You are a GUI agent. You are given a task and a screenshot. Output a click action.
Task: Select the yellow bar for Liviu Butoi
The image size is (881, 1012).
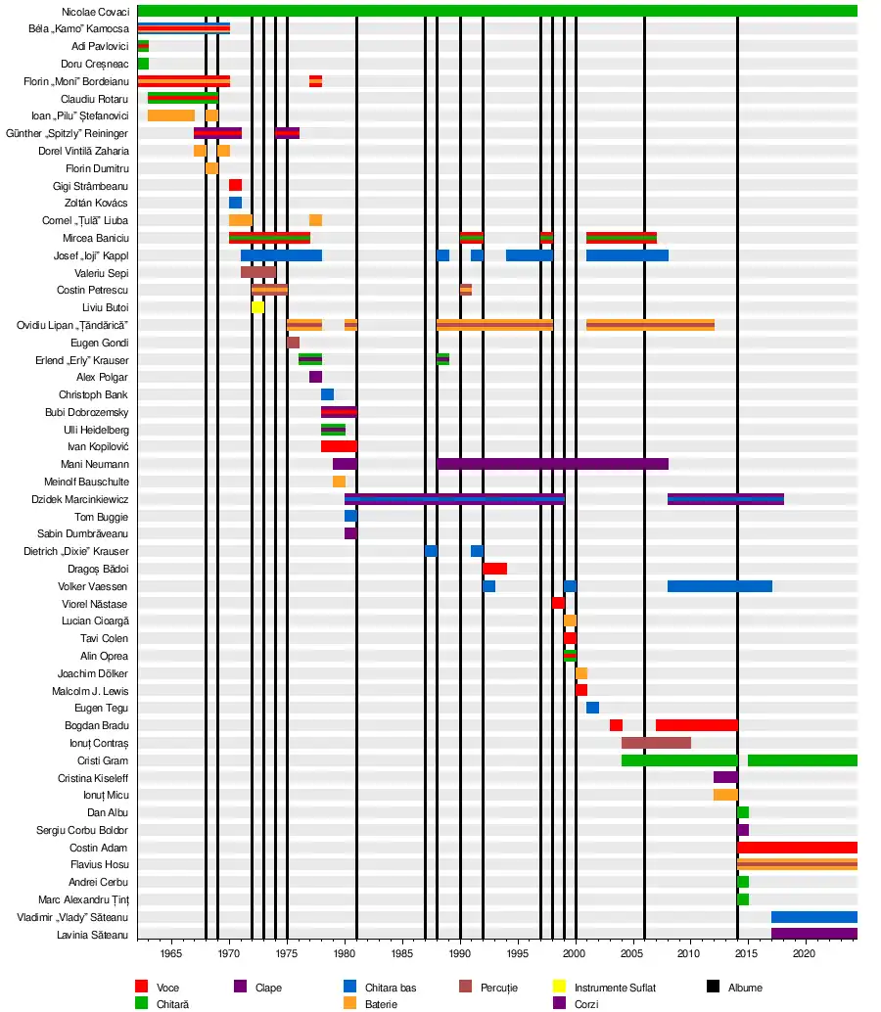pyautogui.click(x=257, y=307)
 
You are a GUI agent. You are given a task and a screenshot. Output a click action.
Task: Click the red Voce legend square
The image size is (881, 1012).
pyautogui.click(x=141, y=987)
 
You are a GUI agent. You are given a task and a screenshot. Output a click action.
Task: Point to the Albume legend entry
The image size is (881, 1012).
pyautogui.click(x=745, y=988)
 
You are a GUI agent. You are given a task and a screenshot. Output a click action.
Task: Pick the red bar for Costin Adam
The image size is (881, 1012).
pyautogui.click(x=797, y=848)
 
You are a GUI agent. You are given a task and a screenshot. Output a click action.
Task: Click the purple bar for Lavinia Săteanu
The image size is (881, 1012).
pyautogui.click(x=813, y=935)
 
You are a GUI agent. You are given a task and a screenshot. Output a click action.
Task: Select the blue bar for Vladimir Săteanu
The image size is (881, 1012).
pyautogui.click(x=813, y=917)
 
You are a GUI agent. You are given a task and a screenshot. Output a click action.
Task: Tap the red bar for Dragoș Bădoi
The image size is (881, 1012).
pyautogui.click(x=494, y=569)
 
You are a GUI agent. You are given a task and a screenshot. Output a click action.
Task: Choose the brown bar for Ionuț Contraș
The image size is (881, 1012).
pyautogui.click(x=656, y=743)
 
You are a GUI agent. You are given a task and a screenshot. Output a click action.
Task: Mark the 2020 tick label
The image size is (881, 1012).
pyautogui.click(x=804, y=954)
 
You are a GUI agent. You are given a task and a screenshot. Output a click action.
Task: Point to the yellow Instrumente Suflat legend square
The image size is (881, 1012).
pyautogui.click(x=560, y=987)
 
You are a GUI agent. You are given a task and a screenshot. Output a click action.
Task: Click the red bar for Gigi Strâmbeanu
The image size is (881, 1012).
pyautogui.click(x=235, y=185)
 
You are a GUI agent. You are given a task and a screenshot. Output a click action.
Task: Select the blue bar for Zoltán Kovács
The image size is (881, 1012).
pyautogui.click(x=235, y=203)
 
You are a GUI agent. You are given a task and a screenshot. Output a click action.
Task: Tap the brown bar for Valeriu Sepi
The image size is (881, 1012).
pyautogui.click(x=257, y=272)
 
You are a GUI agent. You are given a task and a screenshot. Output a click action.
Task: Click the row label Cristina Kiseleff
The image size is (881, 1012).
pyautogui.click(x=93, y=778)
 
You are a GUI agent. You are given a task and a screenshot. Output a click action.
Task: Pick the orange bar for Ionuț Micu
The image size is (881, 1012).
pyautogui.click(x=725, y=795)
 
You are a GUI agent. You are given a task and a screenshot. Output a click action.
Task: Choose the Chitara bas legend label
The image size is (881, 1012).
pyautogui.click(x=391, y=988)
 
